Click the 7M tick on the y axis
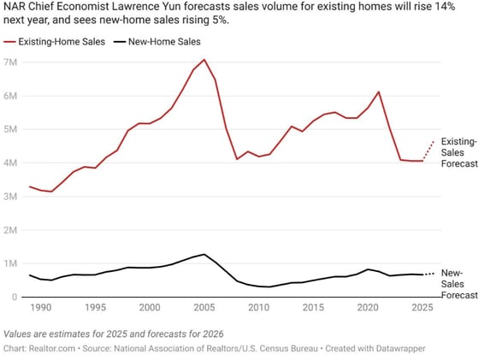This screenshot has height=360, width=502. point(11,62)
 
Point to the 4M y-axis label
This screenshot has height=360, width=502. point(11,163)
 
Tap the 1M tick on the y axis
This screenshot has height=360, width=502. point(11,264)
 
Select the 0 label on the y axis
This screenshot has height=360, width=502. point(15,298)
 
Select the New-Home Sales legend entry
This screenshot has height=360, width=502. point(163,41)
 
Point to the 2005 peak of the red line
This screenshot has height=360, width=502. point(204,60)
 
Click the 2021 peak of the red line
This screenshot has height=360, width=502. point(378,91)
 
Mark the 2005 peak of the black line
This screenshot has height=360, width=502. point(204,254)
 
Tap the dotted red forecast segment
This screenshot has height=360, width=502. point(428,150)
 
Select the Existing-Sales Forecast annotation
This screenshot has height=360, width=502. point(460,154)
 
